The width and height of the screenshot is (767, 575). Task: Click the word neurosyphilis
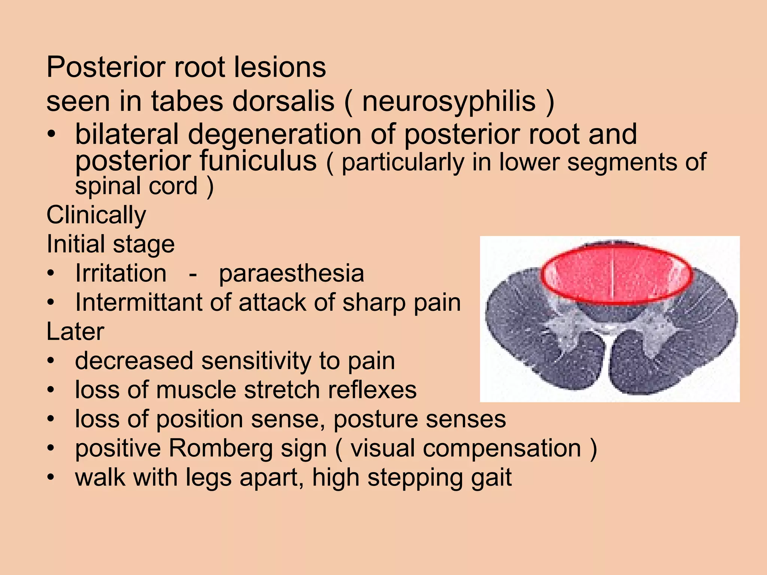pos(449,102)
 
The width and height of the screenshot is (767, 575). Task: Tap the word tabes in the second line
pos(186,102)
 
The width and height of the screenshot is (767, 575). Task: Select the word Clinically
pos(96,216)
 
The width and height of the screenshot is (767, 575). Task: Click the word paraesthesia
pos(291,274)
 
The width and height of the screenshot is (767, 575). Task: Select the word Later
pos(75,332)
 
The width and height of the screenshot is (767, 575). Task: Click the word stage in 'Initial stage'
pos(144,244)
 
